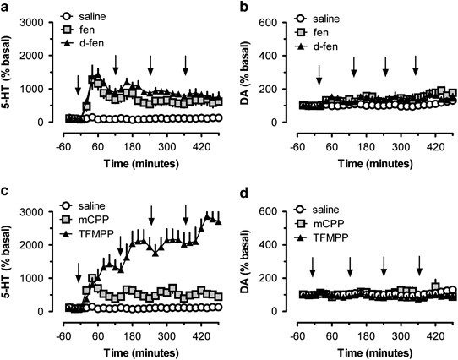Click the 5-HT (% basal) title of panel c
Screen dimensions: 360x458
point(10,259)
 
